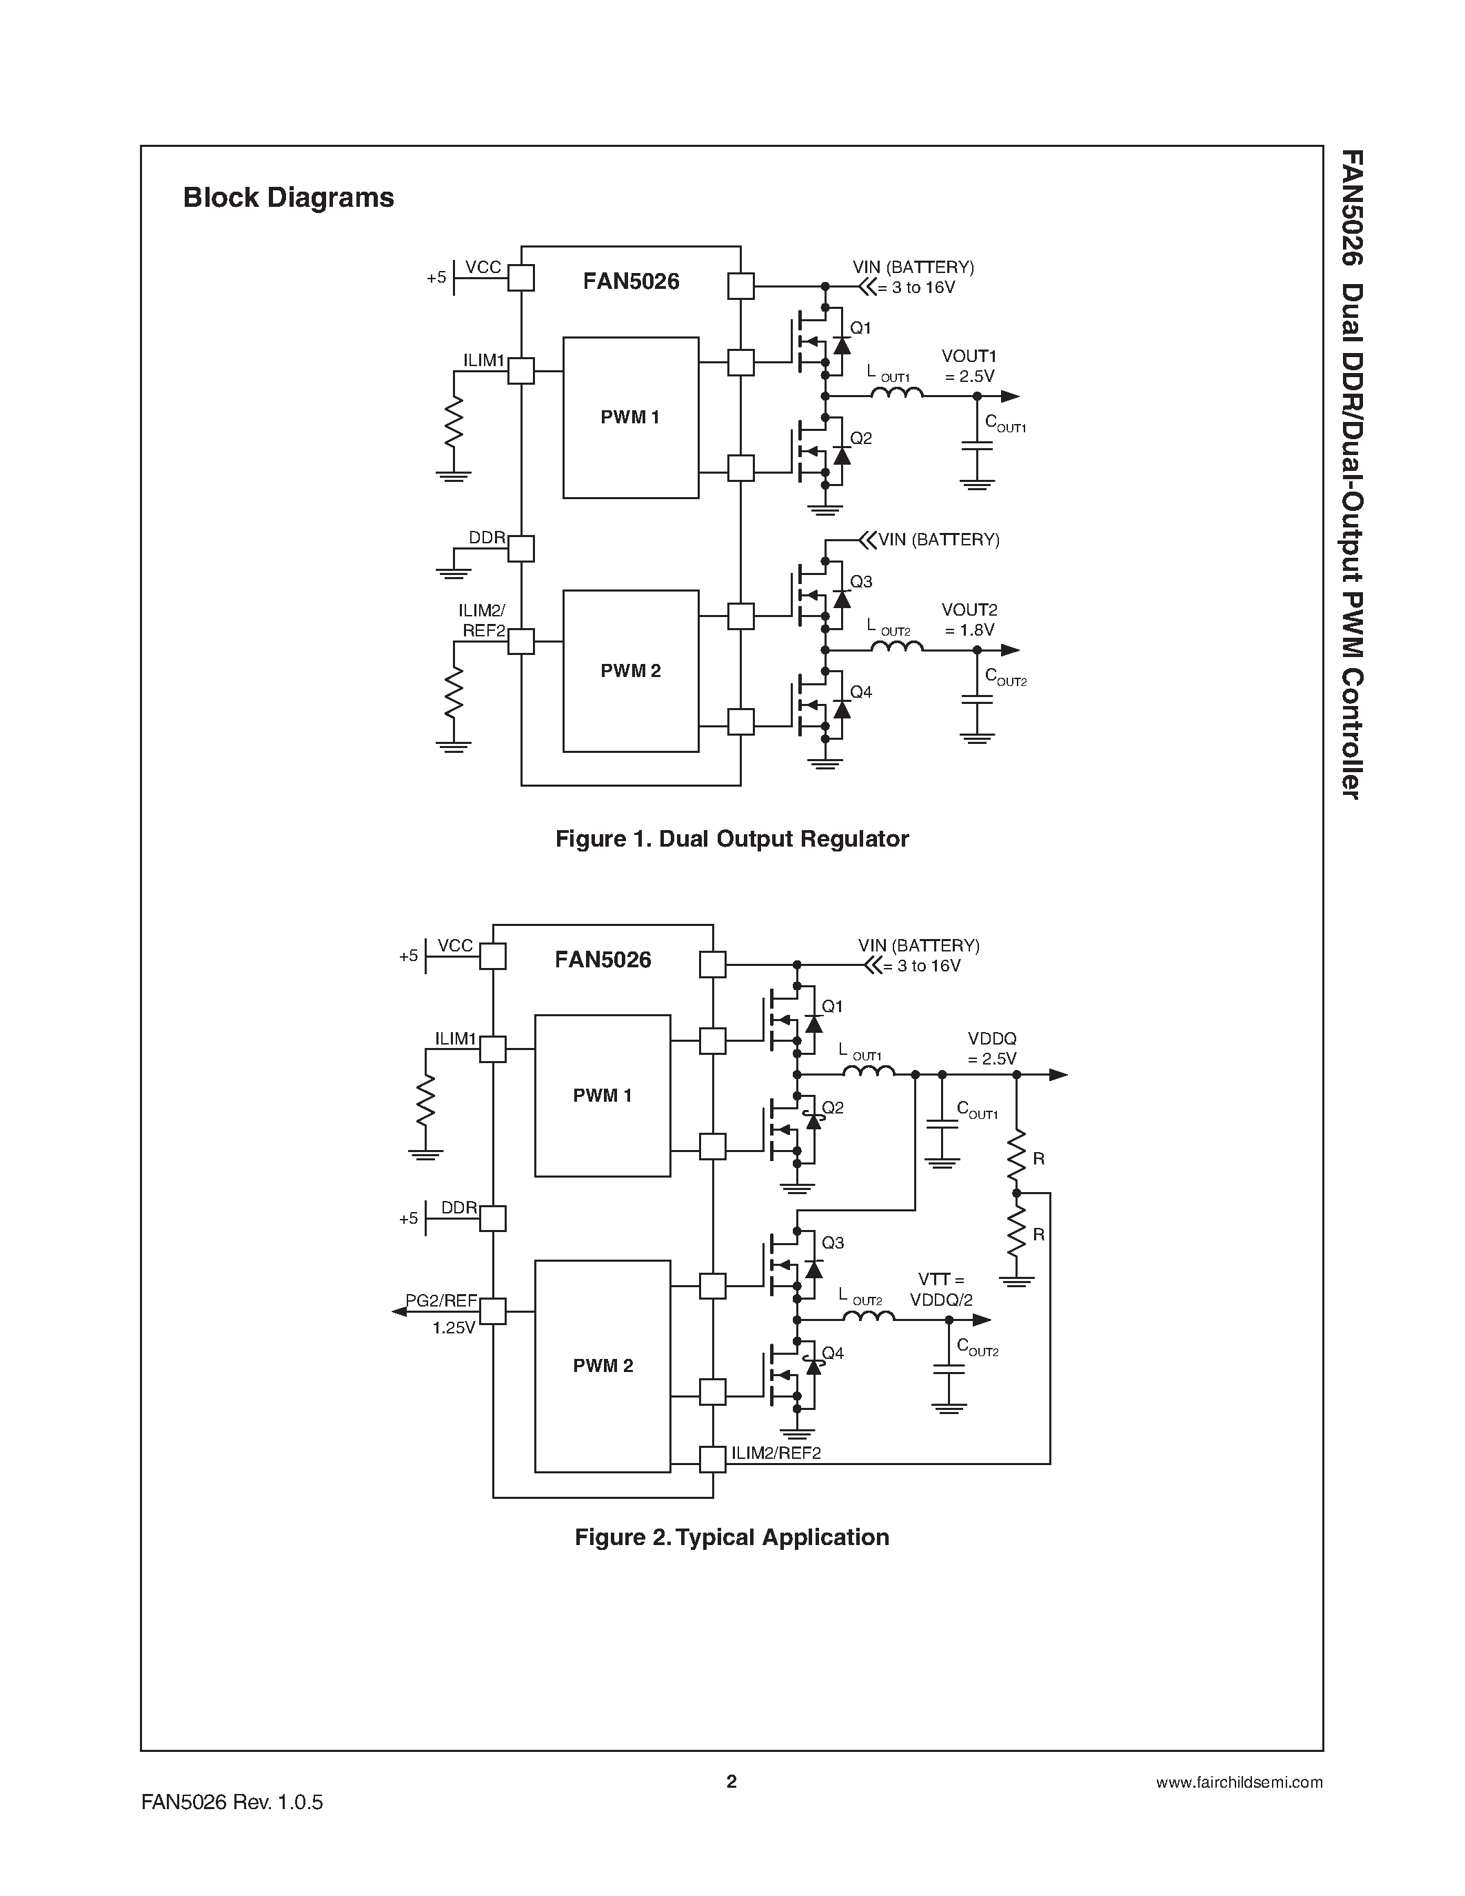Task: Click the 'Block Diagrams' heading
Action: [288, 198]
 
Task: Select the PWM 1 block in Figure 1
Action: [630, 418]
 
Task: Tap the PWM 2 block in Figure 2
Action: [603, 1366]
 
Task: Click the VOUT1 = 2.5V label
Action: [969, 366]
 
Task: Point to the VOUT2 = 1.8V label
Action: [969, 620]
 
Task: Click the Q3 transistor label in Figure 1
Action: [861, 582]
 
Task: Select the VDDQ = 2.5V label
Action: [992, 1049]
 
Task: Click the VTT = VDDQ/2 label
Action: [942, 1289]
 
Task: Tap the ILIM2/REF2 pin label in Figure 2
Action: [776, 1453]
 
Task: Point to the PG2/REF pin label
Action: [441, 1300]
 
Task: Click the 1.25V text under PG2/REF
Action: [454, 1327]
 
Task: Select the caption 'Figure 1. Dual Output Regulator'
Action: [731, 838]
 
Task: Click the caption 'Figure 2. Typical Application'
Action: [731, 1537]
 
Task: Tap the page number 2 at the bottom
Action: [731, 1782]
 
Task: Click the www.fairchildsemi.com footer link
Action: [1240, 1782]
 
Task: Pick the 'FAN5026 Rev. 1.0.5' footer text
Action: [232, 1802]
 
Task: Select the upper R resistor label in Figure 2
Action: [1039, 1159]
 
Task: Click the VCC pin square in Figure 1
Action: [521, 278]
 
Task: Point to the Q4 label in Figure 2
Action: [833, 1353]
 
